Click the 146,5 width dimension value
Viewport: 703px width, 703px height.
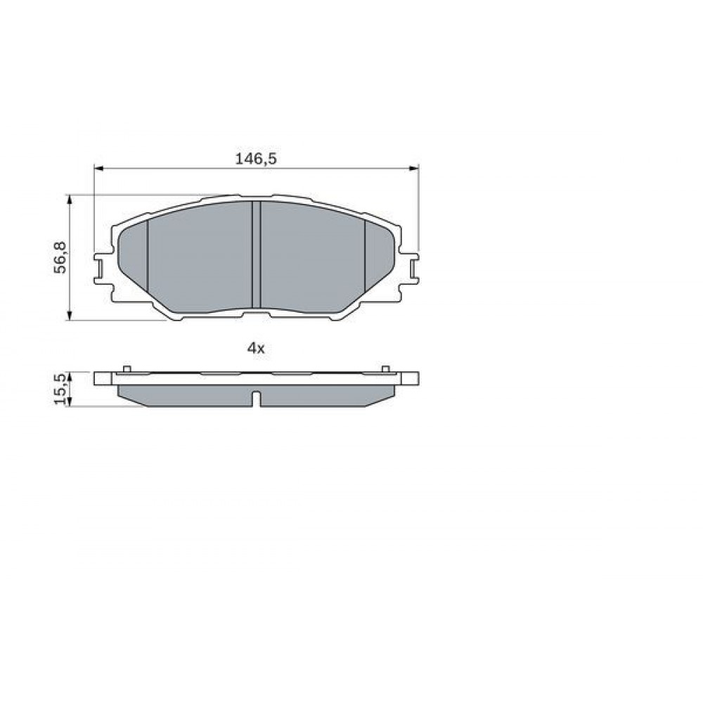pos(256,159)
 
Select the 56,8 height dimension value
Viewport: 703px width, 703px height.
pos(60,257)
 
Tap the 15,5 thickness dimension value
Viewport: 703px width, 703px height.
pos(60,388)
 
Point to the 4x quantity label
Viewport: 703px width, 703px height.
pos(256,348)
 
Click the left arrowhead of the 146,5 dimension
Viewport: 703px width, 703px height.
pos(98,168)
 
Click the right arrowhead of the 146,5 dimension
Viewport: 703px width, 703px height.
pos(414,168)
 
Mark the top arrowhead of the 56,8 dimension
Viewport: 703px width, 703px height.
pos(69,200)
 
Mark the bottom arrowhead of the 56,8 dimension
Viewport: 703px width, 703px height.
pos(69,316)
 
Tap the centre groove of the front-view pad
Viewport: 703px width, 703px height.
pos(256,254)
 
